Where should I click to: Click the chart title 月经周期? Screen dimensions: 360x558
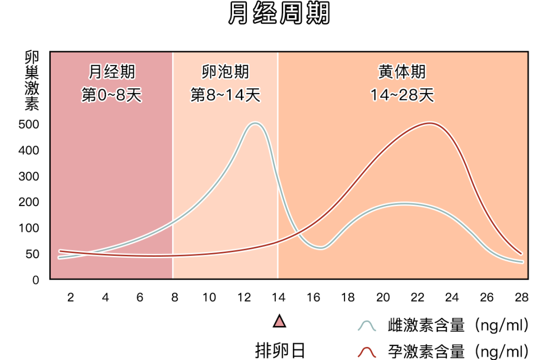(279, 14)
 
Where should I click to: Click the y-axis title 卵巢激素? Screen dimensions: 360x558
(32, 82)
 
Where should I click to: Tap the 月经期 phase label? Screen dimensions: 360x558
(111, 72)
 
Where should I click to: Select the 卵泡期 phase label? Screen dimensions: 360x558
(225, 72)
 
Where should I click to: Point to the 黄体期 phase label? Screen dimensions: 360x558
(402, 72)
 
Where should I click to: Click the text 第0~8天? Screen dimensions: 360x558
(111, 96)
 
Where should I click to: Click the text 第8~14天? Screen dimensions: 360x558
(225, 96)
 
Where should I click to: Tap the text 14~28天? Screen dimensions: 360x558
(402, 96)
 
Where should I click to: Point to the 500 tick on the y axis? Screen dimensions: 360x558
(29, 124)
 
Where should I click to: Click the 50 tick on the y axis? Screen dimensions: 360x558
(32, 254)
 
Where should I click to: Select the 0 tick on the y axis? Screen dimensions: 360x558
(36, 280)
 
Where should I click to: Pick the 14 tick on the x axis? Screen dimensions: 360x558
(279, 298)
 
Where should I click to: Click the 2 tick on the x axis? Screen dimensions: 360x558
(71, 298)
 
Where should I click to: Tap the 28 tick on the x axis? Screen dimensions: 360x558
(521, 298)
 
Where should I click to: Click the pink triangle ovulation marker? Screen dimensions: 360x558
(279, 322)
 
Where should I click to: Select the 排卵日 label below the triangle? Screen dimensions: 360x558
(279, 350)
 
